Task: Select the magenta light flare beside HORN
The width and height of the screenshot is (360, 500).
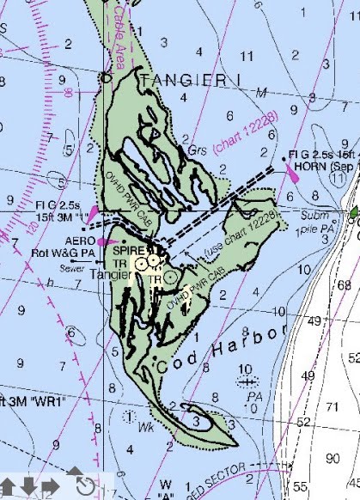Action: click(292, 171)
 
